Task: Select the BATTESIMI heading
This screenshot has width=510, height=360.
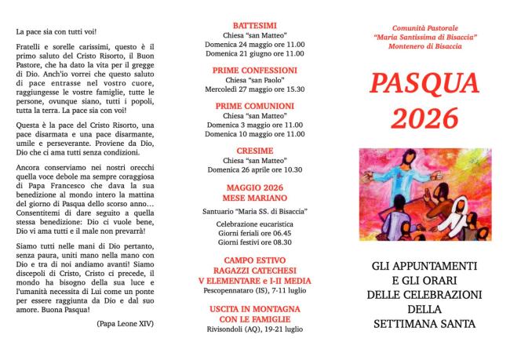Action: (255, 25)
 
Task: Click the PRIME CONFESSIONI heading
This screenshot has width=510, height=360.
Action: (255, 70)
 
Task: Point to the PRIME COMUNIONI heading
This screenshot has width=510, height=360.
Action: (255, 105)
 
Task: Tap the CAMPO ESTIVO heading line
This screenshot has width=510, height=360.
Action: (255, 260)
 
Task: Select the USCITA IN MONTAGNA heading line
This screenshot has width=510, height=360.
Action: (255, 309)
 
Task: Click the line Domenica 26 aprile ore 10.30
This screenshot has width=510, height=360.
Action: (255, 169)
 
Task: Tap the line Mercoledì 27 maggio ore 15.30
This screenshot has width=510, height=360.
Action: (255, 89)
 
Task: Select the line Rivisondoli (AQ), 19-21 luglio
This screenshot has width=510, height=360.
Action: (255, 329)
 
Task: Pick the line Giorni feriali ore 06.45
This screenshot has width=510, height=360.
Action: (255, 234)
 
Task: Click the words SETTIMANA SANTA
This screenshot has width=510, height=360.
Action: (424, 322)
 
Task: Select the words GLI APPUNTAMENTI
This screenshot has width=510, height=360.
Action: (424, 266)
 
